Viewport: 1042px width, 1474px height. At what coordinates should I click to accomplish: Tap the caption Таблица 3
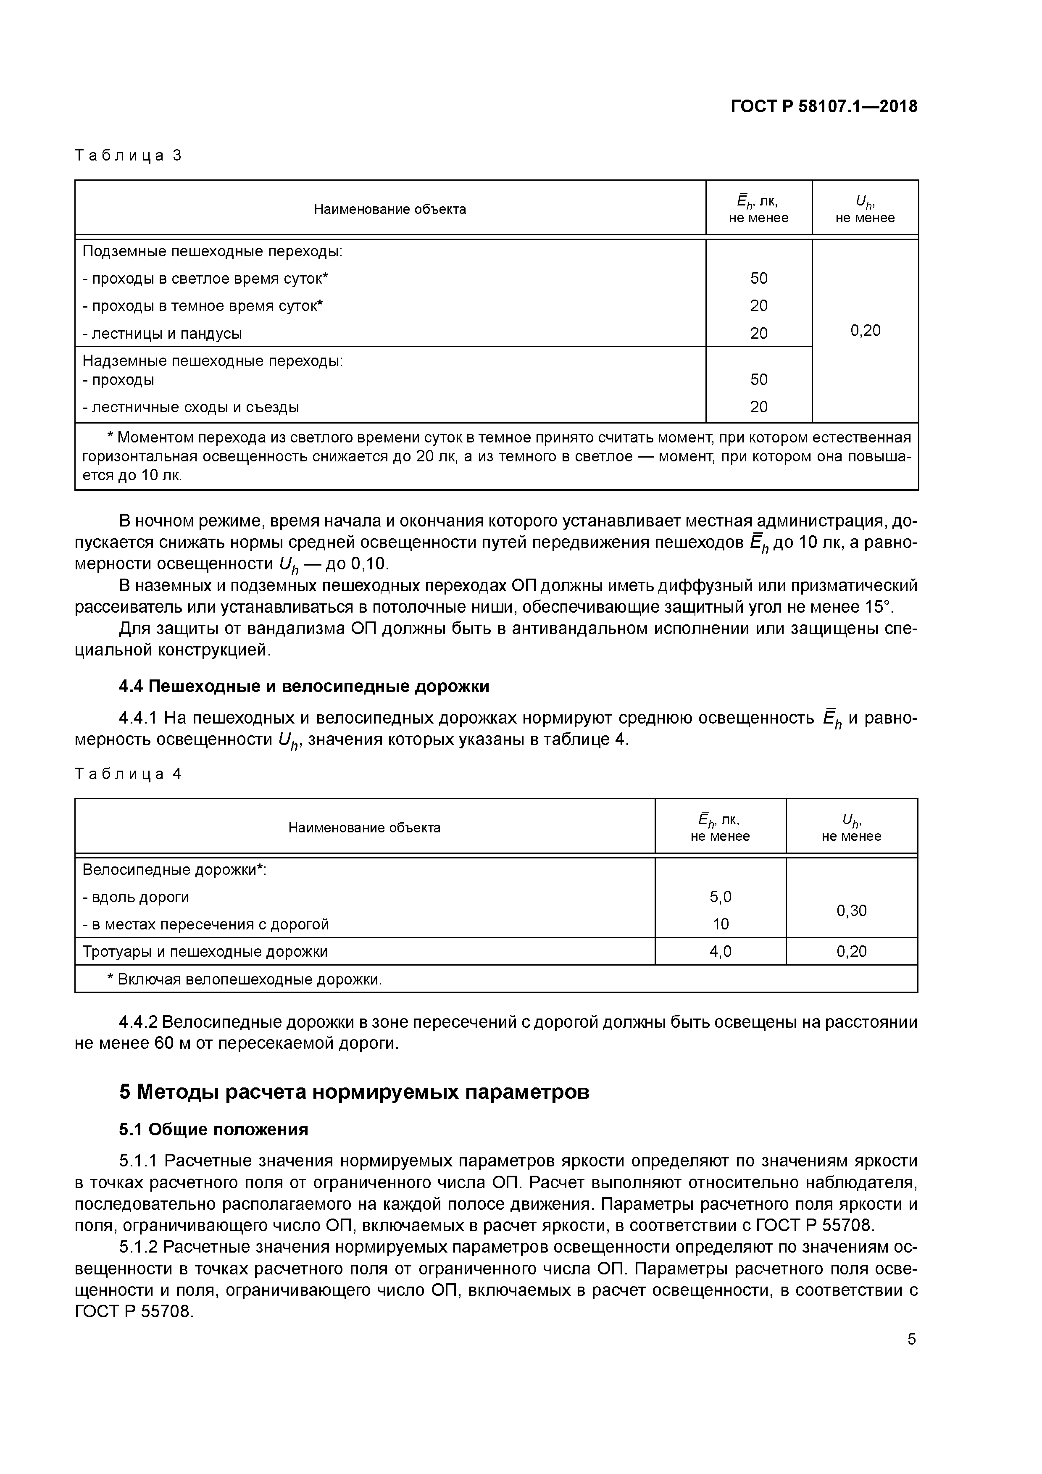click(x=129, y=155)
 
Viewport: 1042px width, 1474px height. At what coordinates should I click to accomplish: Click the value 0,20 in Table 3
click(x=865, y=331)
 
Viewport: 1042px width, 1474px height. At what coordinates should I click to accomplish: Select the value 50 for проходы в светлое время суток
click(x=758, y=278)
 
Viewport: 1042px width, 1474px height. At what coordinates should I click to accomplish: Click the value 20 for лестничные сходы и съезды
click(x=758, y=406)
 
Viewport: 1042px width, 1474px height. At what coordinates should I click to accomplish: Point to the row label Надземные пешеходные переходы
click(x=213, y=361)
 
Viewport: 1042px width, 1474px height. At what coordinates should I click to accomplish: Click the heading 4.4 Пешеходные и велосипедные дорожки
click(x=304, y=686)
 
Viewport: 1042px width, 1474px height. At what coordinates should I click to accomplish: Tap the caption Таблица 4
click(x=129, y=774)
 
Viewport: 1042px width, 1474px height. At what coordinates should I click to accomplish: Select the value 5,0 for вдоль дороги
click(x=720, y=896)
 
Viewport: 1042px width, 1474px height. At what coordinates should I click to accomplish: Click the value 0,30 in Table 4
click(x=851, y=911)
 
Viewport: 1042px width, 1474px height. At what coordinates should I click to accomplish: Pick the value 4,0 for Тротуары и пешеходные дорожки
click(x=720, y=951)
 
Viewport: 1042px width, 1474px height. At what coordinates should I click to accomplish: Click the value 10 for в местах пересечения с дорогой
click(x=720, y=924)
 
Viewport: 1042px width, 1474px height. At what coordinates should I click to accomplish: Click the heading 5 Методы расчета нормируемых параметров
click(x=354, y=1091)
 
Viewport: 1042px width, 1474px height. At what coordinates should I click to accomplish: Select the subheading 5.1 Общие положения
click(x=213, y=1129)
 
